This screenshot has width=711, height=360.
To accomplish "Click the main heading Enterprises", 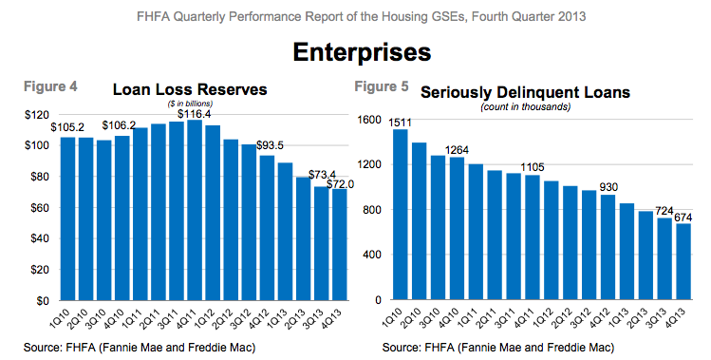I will click(x=355, y=50).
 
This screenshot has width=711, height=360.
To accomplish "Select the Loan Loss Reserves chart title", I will click(x=190, y=90).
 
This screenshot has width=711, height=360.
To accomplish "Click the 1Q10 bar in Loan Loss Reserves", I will click(x=67, y=218).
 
